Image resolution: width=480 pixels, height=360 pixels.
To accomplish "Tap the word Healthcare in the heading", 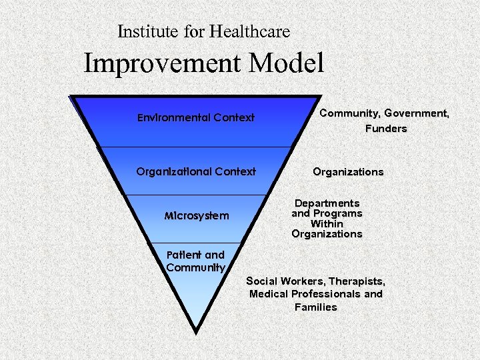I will [x=249, y=31].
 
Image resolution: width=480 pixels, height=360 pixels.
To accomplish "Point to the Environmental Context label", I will [x=196, y=118].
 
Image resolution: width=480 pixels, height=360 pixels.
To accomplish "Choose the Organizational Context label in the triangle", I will [x=196, y=171].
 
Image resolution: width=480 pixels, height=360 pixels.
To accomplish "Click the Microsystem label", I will [x=197, y=216].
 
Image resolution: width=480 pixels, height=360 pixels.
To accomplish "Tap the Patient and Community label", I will [x=196, y=261].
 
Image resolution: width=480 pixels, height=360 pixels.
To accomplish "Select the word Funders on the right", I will [x=385, y=129].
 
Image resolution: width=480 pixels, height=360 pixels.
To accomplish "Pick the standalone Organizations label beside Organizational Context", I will [x=348, y=172].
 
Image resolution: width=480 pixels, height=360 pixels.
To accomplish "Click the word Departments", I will [x=327, y=203].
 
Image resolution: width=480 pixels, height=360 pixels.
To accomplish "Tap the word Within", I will [x=327, y=224].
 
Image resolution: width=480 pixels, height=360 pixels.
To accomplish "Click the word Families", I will [x=315, y=307].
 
